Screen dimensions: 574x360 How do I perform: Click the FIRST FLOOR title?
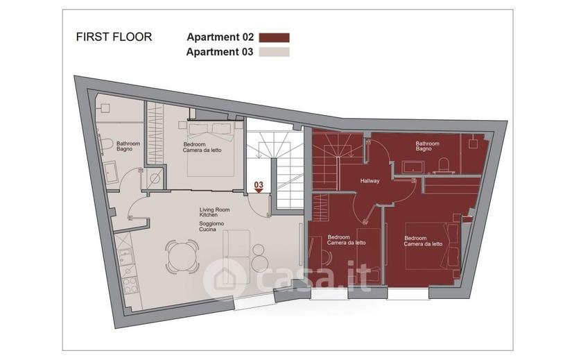click(114, 37)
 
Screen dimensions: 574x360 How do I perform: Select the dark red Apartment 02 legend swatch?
click(275, 37)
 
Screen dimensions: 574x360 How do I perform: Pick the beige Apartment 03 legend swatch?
click(275, 52)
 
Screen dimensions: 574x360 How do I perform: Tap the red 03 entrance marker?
click(259, 187)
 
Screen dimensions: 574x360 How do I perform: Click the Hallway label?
click(369, 181)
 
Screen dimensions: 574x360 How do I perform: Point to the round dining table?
click(182, 257)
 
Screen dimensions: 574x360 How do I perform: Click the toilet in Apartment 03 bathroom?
click(106, 144)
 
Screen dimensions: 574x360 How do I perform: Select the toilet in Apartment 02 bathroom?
click(443, 165)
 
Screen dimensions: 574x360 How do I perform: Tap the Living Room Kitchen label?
click(214, 212)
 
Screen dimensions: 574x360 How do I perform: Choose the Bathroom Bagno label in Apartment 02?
click(427, 146)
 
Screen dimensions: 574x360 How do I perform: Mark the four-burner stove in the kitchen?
click(130, 286)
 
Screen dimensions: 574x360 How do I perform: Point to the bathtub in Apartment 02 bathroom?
click(413, 167)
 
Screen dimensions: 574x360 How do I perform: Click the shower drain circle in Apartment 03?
click(155, 179)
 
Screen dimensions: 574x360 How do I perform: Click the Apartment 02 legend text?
click(220, 37)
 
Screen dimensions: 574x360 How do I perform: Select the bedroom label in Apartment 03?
click(202, 147)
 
